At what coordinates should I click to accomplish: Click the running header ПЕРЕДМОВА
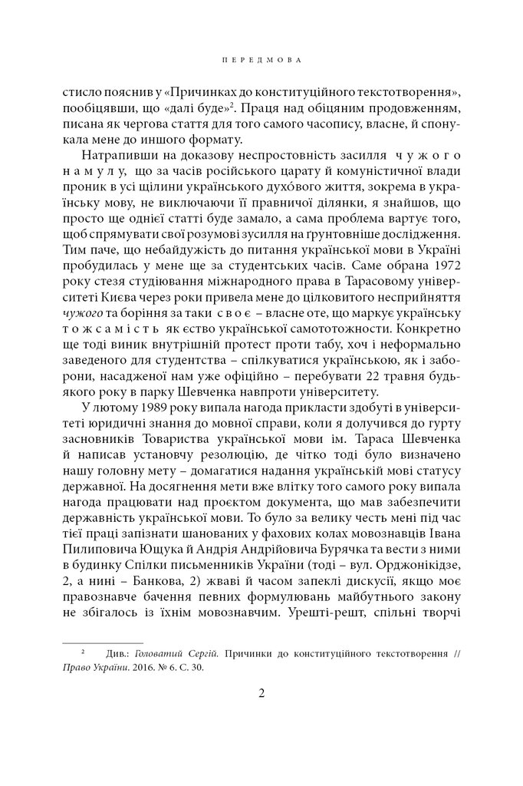pos(261,59)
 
